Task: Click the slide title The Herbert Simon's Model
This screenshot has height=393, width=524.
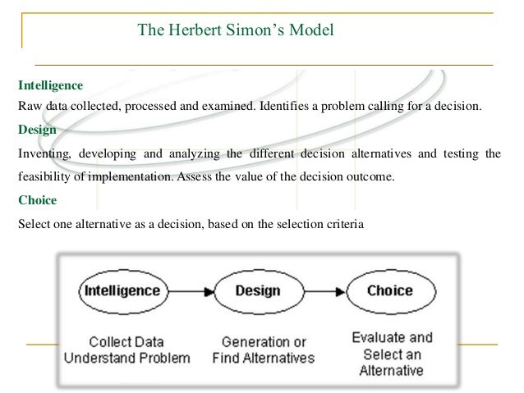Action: [x=236, y=32]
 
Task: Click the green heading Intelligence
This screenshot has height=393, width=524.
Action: [x=50, y=85]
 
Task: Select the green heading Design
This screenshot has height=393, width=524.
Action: [x=36, y=130]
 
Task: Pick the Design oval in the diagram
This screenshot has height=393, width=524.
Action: [x=257, y=291]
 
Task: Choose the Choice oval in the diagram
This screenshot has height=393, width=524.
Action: [x=390, y=291]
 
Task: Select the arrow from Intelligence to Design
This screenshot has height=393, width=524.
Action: [x=188, y=291]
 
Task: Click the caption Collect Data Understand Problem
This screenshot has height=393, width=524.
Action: [x=127, y=350]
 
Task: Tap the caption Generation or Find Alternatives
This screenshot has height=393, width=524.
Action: [x=263, y=350]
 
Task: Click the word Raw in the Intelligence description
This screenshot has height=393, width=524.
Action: [x=28, y=107]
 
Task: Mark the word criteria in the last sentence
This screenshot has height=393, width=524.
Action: [x=340, y=222]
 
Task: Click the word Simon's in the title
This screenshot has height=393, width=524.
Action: [x=248, y=32]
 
